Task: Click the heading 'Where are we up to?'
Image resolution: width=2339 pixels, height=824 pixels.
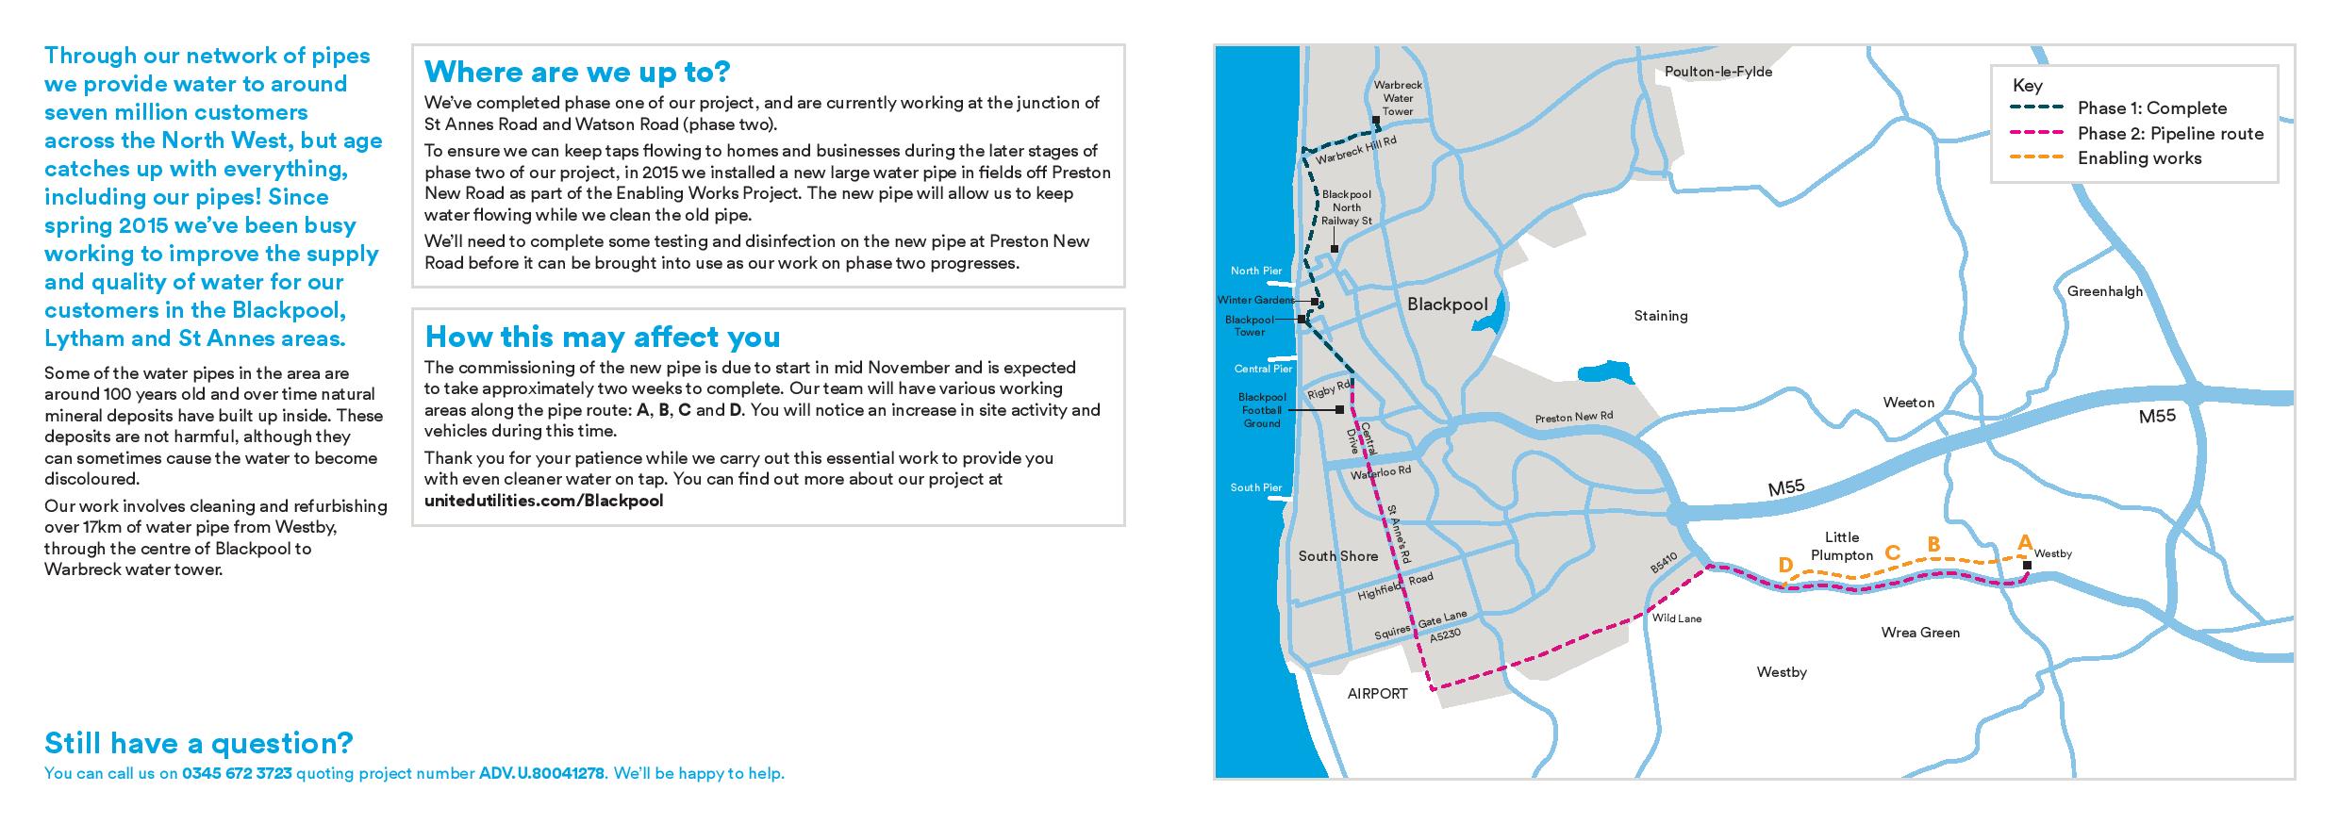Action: point(577,72)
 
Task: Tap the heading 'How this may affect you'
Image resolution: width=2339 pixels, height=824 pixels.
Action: point(603,337)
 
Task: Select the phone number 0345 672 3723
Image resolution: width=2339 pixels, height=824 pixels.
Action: point(237,774)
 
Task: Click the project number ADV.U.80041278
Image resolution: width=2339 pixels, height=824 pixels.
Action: point(541,774)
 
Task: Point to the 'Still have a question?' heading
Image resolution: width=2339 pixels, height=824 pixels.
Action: point(198,743)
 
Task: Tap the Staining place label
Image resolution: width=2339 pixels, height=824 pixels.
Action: point(1660,316)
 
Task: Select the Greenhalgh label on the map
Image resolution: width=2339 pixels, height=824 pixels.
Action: point(2104,291)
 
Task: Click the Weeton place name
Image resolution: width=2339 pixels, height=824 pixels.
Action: point(1908,403)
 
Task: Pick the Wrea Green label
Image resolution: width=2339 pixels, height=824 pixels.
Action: point(1920,633)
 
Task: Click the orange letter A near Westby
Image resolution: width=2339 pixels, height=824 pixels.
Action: point(2023,543)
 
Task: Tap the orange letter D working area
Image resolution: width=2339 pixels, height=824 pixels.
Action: point(1784,566)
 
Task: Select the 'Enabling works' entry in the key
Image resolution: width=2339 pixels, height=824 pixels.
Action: point(2139,158)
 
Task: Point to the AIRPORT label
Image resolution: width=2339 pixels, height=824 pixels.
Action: point(1377,694)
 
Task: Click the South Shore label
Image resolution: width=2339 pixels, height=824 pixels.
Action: point(1337,556)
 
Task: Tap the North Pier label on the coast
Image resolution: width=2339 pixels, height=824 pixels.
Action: point(1256,272)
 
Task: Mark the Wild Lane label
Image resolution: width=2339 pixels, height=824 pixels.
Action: point(1676,619)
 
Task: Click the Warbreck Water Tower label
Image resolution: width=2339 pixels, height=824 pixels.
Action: point(1398,98)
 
